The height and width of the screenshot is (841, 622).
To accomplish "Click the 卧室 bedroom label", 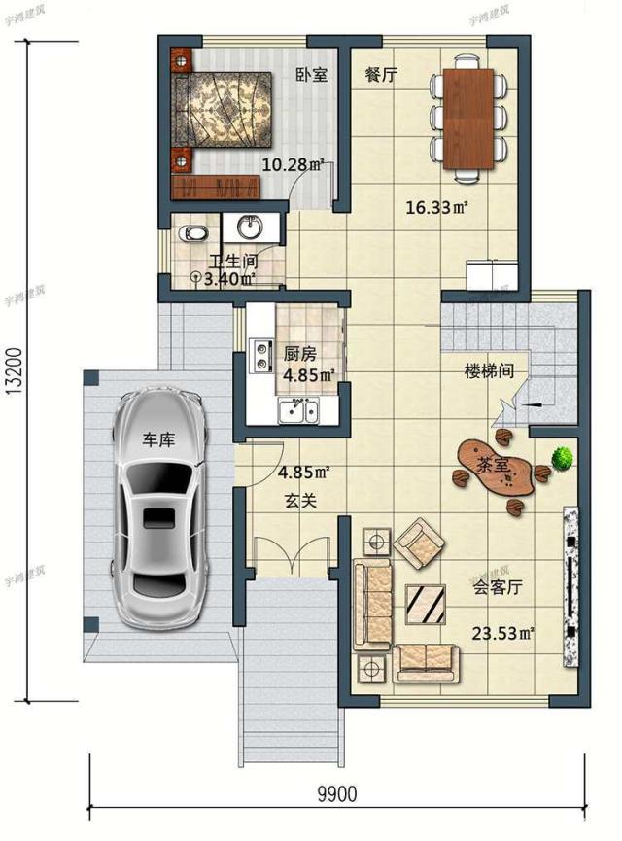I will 312,75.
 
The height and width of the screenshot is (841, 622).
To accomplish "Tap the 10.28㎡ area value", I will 293,165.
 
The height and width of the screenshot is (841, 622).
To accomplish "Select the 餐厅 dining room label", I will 381,75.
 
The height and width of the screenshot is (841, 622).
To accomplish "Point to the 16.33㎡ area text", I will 437,207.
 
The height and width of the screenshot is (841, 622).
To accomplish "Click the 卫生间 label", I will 234,261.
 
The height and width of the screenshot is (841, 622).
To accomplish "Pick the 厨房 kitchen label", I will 300,354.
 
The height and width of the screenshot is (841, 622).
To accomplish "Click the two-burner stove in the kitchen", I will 260,356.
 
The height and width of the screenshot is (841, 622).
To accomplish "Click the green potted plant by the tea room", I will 561,456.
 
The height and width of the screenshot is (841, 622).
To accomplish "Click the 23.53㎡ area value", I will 503,634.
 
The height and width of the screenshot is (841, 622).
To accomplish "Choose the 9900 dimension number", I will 336,794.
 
